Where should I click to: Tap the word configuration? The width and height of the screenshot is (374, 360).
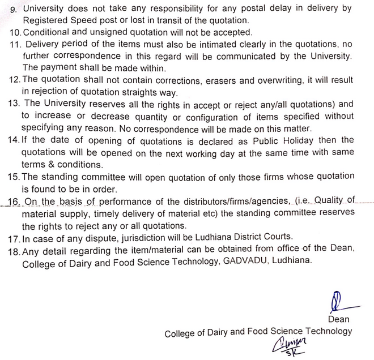[222, 116]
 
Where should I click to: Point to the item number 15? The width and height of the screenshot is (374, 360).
[14, 177]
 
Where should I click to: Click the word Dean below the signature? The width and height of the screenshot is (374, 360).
[338, 319]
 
